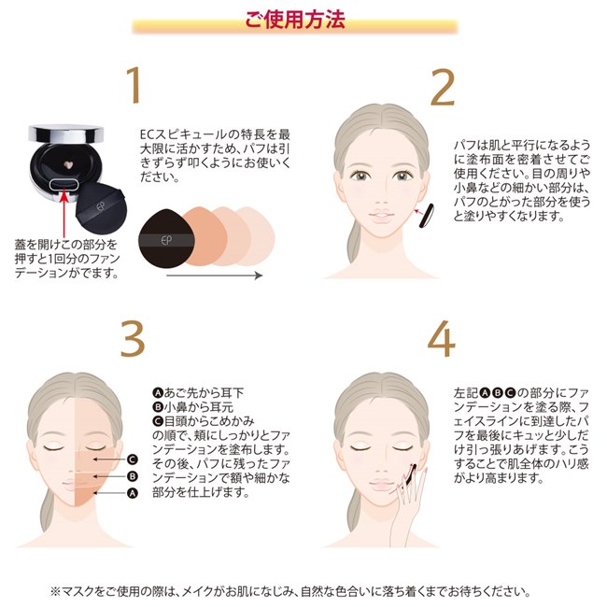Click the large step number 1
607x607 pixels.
[x=136, y=86]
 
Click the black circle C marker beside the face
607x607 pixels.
[x=133, y=459]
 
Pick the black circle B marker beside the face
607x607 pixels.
[x=133, y=475]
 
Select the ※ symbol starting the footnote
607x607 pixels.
[x=54, y=591]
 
